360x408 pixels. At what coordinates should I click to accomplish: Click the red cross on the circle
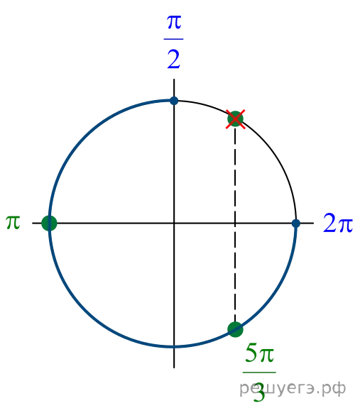click(x=235, y=119)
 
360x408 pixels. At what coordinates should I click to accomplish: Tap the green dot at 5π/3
click(x=235, y=329)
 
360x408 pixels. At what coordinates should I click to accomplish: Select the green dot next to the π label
click(x=49, y=223)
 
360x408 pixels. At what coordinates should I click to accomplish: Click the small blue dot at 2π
click(x=296, y=224)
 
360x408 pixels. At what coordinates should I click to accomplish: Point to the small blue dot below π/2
click(x=174, y=101)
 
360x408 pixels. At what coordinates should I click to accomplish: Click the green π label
click(x=13, y=223)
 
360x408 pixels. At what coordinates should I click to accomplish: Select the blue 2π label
click(x=338, y=223)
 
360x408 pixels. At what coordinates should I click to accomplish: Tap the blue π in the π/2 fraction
click(x=174, y=22)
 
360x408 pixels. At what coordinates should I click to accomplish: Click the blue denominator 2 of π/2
click(x=174, y=59)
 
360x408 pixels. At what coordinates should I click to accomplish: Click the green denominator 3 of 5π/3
click(x=259, y=392)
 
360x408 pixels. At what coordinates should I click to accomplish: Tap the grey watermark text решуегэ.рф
click(x=293, y=389)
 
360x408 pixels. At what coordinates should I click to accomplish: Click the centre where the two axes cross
click(x=174, y=223)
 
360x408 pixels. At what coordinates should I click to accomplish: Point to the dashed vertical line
click(x=235, y=224)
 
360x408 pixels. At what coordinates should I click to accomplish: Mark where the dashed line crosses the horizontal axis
click(x=235, y=223)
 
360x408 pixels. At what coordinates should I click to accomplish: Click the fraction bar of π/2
click(x=173, y=39)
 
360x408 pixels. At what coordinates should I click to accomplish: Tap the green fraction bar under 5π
click(x=259, y=373)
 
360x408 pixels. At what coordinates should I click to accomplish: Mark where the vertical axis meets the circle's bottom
click(x=174, y=346)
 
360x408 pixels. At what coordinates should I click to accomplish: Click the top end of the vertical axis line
click(x=174, y=79)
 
